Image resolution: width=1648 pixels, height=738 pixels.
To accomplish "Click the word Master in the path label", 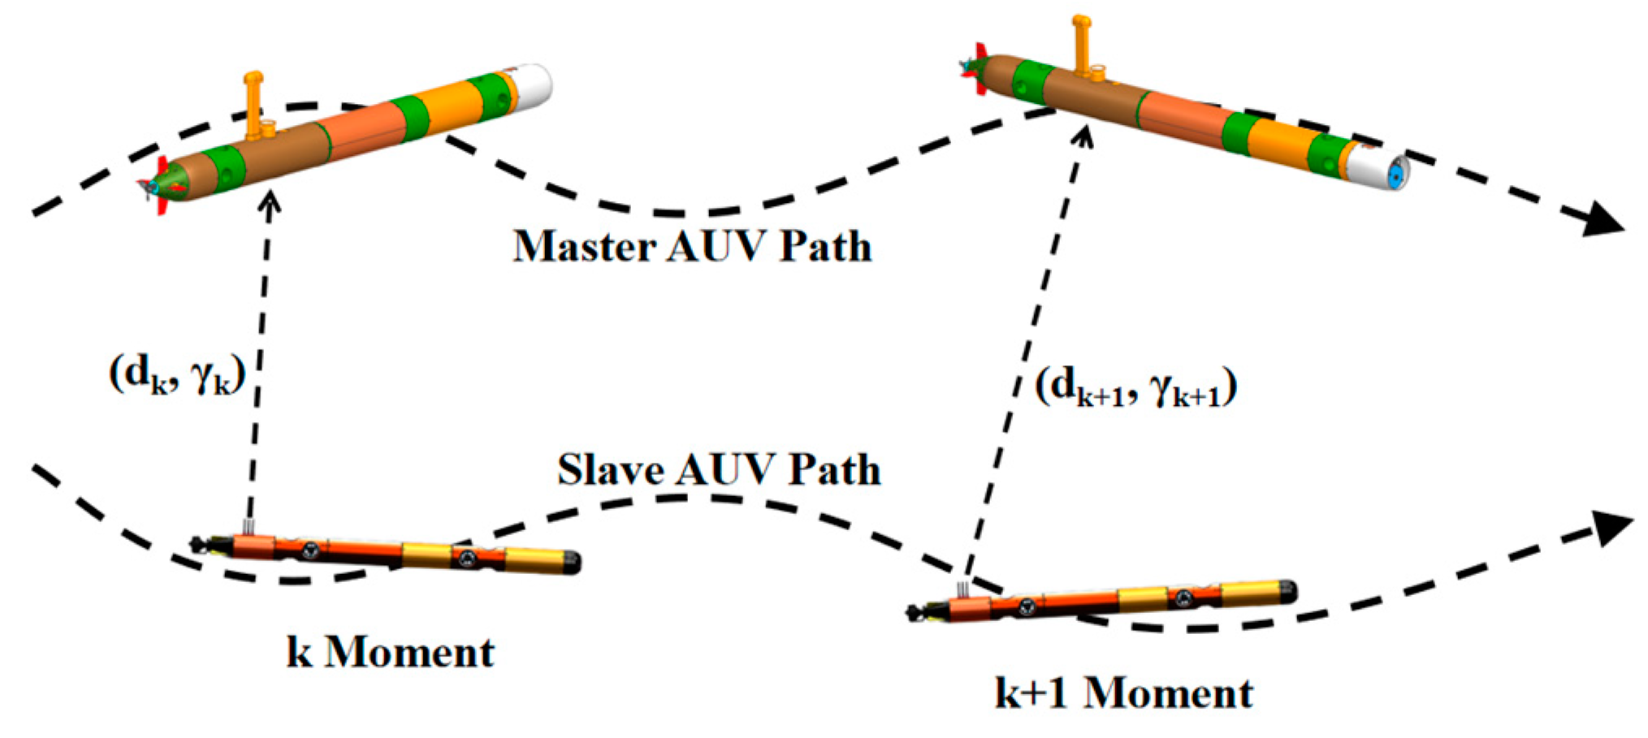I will (584, 246).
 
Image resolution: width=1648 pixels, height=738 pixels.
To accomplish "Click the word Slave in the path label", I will (610, 470).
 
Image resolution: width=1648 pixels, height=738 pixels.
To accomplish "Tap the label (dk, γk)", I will (177, 376).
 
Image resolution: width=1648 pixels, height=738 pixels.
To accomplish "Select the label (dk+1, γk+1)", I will (1135, 388).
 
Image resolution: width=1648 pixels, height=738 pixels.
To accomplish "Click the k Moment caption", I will (391, 653).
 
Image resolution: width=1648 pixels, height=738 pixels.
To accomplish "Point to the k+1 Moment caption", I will (1124, 693).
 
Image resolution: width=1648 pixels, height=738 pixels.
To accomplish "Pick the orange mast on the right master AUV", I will (1082, 45).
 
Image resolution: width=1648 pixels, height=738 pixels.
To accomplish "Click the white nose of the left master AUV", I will (533, 85).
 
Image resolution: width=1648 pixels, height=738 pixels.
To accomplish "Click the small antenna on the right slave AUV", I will (963, 589).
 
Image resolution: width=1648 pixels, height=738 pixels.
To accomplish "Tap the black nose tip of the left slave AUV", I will (573, 562).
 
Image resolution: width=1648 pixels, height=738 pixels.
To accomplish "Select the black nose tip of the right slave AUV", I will (1289, 591).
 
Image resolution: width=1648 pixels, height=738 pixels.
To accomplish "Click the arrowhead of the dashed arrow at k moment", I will (270, 200).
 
